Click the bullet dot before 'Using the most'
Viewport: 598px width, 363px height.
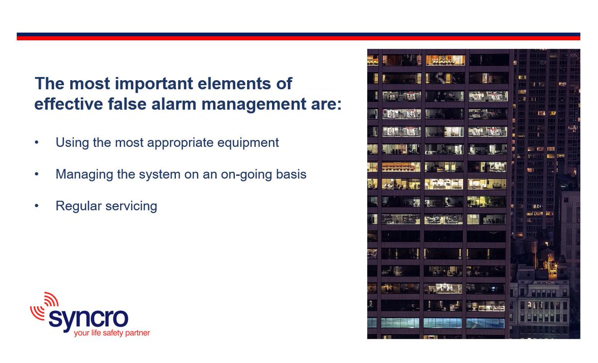pyautogui.click(x=36, y=143)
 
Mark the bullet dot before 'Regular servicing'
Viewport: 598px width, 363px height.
pyautogui.click(x=36, y=206)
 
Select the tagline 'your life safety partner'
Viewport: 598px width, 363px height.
pyautogui.click(x=112, y=333)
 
